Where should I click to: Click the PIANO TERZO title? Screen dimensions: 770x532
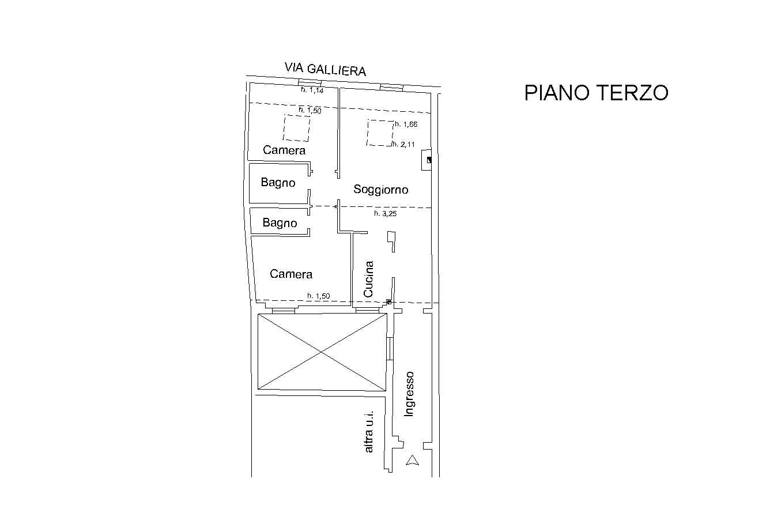click(596, 92)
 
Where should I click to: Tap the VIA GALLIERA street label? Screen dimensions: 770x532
click(325, 69)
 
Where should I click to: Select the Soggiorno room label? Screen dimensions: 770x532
click(381, 190)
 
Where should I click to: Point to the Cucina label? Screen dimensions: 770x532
click(368, 279)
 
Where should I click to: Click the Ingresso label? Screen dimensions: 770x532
click(409, 394)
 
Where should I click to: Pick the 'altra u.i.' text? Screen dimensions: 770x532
click(368, 432)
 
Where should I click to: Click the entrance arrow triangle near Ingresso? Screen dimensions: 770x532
click(412, 460)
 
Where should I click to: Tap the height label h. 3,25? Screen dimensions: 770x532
click(386, 213)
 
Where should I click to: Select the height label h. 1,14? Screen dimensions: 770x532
click(312, 90)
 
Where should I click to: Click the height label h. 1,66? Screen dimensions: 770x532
click(406, 124)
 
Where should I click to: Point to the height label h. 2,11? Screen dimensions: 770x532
click(403, 144)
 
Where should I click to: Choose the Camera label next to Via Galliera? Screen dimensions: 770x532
click(284, 150)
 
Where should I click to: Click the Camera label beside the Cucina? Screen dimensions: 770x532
click(291, 274)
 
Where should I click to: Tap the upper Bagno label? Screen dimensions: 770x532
click(278, 182)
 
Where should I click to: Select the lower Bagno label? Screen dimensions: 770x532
click(280, 222)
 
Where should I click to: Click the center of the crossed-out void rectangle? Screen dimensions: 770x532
click(322, 352)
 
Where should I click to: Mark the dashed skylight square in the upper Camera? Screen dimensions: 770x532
click(296, 128)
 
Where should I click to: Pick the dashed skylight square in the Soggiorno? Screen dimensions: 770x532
click(380, 133)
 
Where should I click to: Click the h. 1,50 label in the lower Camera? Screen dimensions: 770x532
click(319, 296)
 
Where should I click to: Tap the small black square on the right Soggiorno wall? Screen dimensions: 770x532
click(429, 160)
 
